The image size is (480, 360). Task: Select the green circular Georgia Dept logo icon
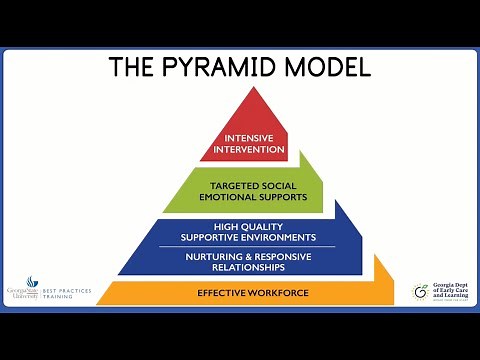pyautogui.click(x=421, y=291)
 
